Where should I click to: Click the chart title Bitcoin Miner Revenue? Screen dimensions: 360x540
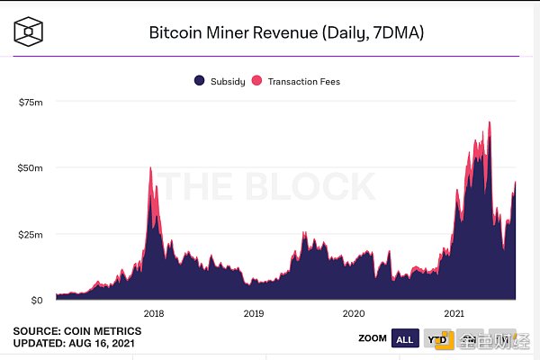pos(285,33)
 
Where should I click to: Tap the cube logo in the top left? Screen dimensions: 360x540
pos(31,32)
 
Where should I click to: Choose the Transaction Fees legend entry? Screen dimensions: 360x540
pos(302,81)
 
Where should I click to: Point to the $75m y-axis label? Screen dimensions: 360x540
pos(31,103)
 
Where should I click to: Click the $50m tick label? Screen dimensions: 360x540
pos(31,168)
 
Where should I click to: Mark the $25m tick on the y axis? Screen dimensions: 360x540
pos(31,234)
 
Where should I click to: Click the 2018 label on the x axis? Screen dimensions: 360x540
pos(154,313)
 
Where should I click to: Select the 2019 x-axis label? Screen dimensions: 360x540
pos(254,313)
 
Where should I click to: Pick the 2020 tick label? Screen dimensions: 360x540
pos(354,313)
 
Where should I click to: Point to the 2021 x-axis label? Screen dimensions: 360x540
pos(454,313)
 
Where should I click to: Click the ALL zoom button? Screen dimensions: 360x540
pos(405,338)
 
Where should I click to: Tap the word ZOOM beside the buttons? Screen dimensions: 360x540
pos(371,338)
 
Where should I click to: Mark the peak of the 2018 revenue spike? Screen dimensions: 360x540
pos(150,168)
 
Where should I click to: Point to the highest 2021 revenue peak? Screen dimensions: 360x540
pos(490,121)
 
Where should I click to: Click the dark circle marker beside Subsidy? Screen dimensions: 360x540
pos(199,81)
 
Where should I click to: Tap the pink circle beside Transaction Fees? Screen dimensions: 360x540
pos(256,81)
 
